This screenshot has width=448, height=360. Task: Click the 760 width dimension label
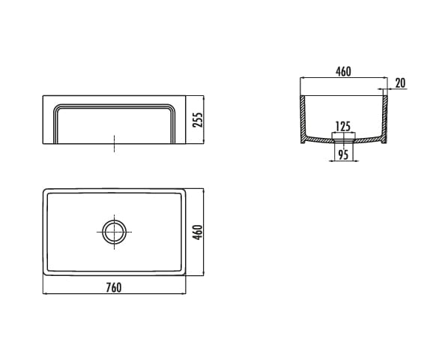114,287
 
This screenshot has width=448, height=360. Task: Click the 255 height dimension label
197,120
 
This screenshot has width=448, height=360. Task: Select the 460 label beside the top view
198,232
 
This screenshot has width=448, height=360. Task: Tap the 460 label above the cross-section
343,71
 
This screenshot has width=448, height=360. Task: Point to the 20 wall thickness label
400,83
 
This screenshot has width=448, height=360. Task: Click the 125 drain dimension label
343,127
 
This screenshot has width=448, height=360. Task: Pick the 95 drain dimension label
343,154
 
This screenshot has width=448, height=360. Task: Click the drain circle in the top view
115,232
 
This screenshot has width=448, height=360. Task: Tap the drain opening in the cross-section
343,141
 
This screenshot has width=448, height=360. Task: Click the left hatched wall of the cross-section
303,119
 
